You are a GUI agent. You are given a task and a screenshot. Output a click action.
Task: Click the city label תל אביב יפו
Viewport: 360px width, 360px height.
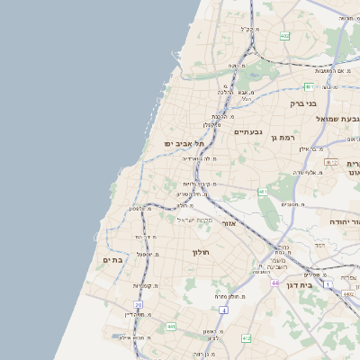[184, 143]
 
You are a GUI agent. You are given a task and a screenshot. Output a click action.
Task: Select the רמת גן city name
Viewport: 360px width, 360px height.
[280, 136]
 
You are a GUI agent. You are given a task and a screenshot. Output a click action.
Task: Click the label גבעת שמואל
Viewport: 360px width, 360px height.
[332, 118]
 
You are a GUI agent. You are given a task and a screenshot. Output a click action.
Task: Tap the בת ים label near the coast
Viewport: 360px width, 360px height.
[112, 260]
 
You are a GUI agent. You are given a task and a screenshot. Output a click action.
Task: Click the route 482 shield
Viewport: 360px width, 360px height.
[285, 36]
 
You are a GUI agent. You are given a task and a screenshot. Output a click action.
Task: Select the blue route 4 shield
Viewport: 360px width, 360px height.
[222, 310]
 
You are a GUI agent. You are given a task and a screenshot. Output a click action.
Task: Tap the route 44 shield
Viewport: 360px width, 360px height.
[274, 283]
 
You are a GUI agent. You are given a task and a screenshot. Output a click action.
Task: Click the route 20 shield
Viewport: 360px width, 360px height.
[139, 305]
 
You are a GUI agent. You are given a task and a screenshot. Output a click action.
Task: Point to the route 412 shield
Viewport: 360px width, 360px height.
[246, 338]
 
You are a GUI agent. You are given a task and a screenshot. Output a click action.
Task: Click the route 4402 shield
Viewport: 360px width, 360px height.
[347, 293]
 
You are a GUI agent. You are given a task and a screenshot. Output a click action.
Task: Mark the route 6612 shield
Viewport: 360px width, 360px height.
[331, 162]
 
